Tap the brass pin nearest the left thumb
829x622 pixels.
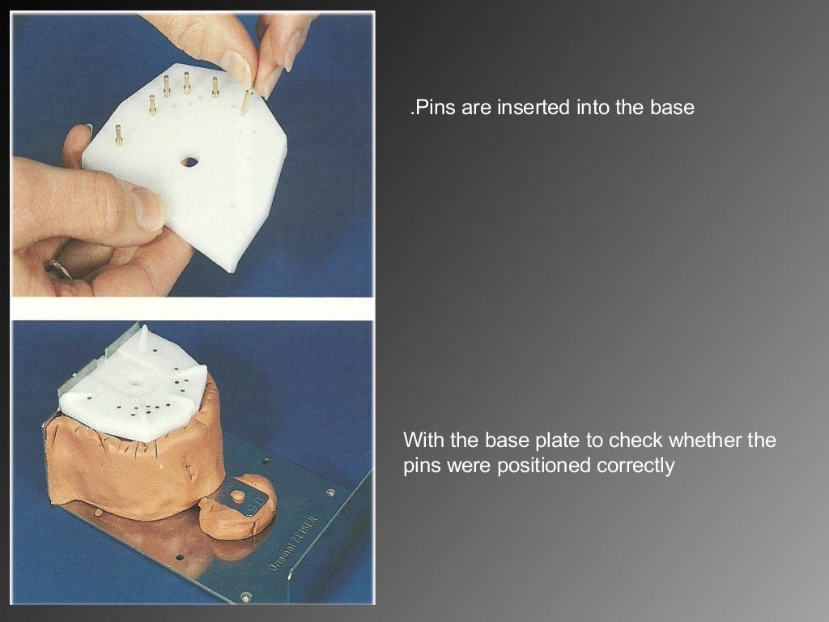(x=119, y=137)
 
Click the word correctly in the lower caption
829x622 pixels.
(x=636, y=466)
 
